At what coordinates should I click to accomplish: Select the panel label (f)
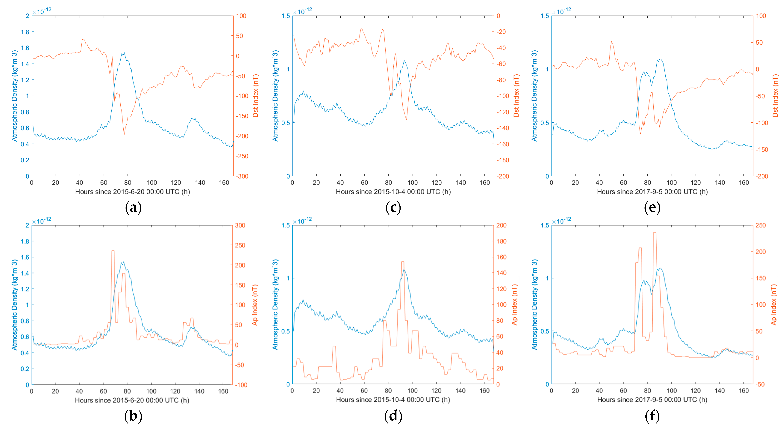tap(652, 416)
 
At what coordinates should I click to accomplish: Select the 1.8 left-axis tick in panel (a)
tap(25, 32)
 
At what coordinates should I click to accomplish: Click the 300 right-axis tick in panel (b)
tap(240, 225)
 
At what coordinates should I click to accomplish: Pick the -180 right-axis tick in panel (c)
tap(503, 160)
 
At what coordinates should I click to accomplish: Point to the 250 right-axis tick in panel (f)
tap(761, 225)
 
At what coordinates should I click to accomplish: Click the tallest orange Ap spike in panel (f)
tap(655, 233)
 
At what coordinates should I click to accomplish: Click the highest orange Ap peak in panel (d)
tap(403, 262)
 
